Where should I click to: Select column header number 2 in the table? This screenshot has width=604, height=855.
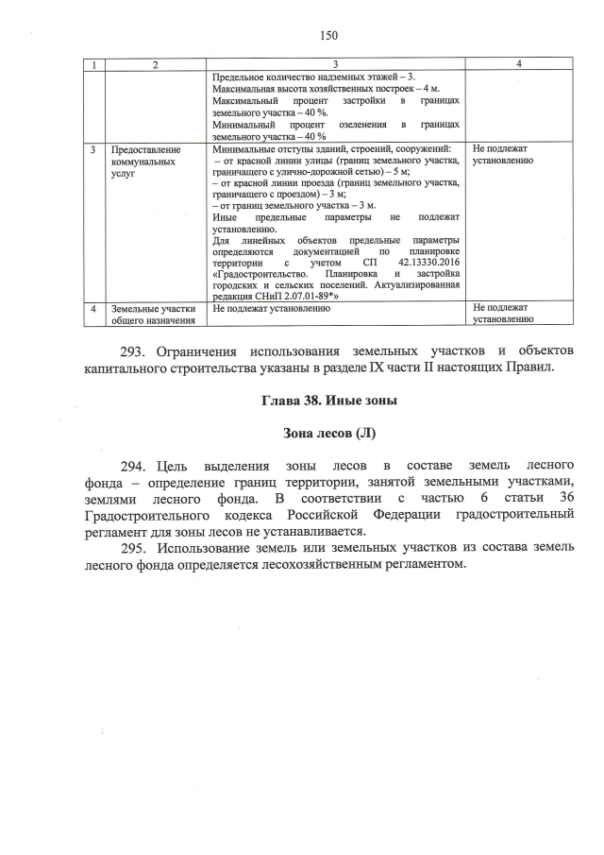click(155, 63)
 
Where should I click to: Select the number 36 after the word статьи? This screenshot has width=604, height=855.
click(564, 499)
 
